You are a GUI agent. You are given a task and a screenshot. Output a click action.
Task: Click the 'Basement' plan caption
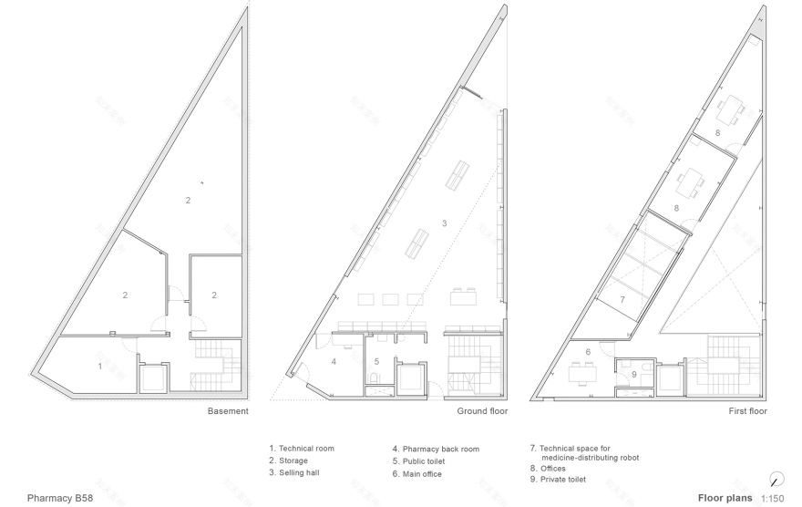(227, 411)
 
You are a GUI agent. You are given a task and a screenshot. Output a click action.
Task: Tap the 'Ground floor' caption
(482, 411)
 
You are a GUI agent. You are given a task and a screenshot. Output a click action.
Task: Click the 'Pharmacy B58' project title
(59, 498)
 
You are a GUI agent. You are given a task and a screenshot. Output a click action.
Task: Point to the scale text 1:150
(771, 499)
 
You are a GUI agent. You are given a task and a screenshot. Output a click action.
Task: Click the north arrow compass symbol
(776, 479)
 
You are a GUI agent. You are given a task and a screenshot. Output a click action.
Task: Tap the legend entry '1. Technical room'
(302, 449)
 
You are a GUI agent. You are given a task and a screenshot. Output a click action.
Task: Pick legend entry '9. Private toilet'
(560, 479)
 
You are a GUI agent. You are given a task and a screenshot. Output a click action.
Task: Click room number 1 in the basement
(100, 366)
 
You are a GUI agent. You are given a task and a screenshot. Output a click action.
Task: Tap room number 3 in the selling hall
(444, 222)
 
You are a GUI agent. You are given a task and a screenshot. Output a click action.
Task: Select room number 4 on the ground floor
(334, 362)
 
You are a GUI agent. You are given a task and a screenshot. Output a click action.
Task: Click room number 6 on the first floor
(588, 351)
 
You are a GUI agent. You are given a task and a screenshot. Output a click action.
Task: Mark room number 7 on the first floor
(622, 298)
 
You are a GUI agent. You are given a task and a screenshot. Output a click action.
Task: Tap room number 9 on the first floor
(634, 373)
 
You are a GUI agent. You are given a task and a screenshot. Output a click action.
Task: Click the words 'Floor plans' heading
(725, 498)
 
